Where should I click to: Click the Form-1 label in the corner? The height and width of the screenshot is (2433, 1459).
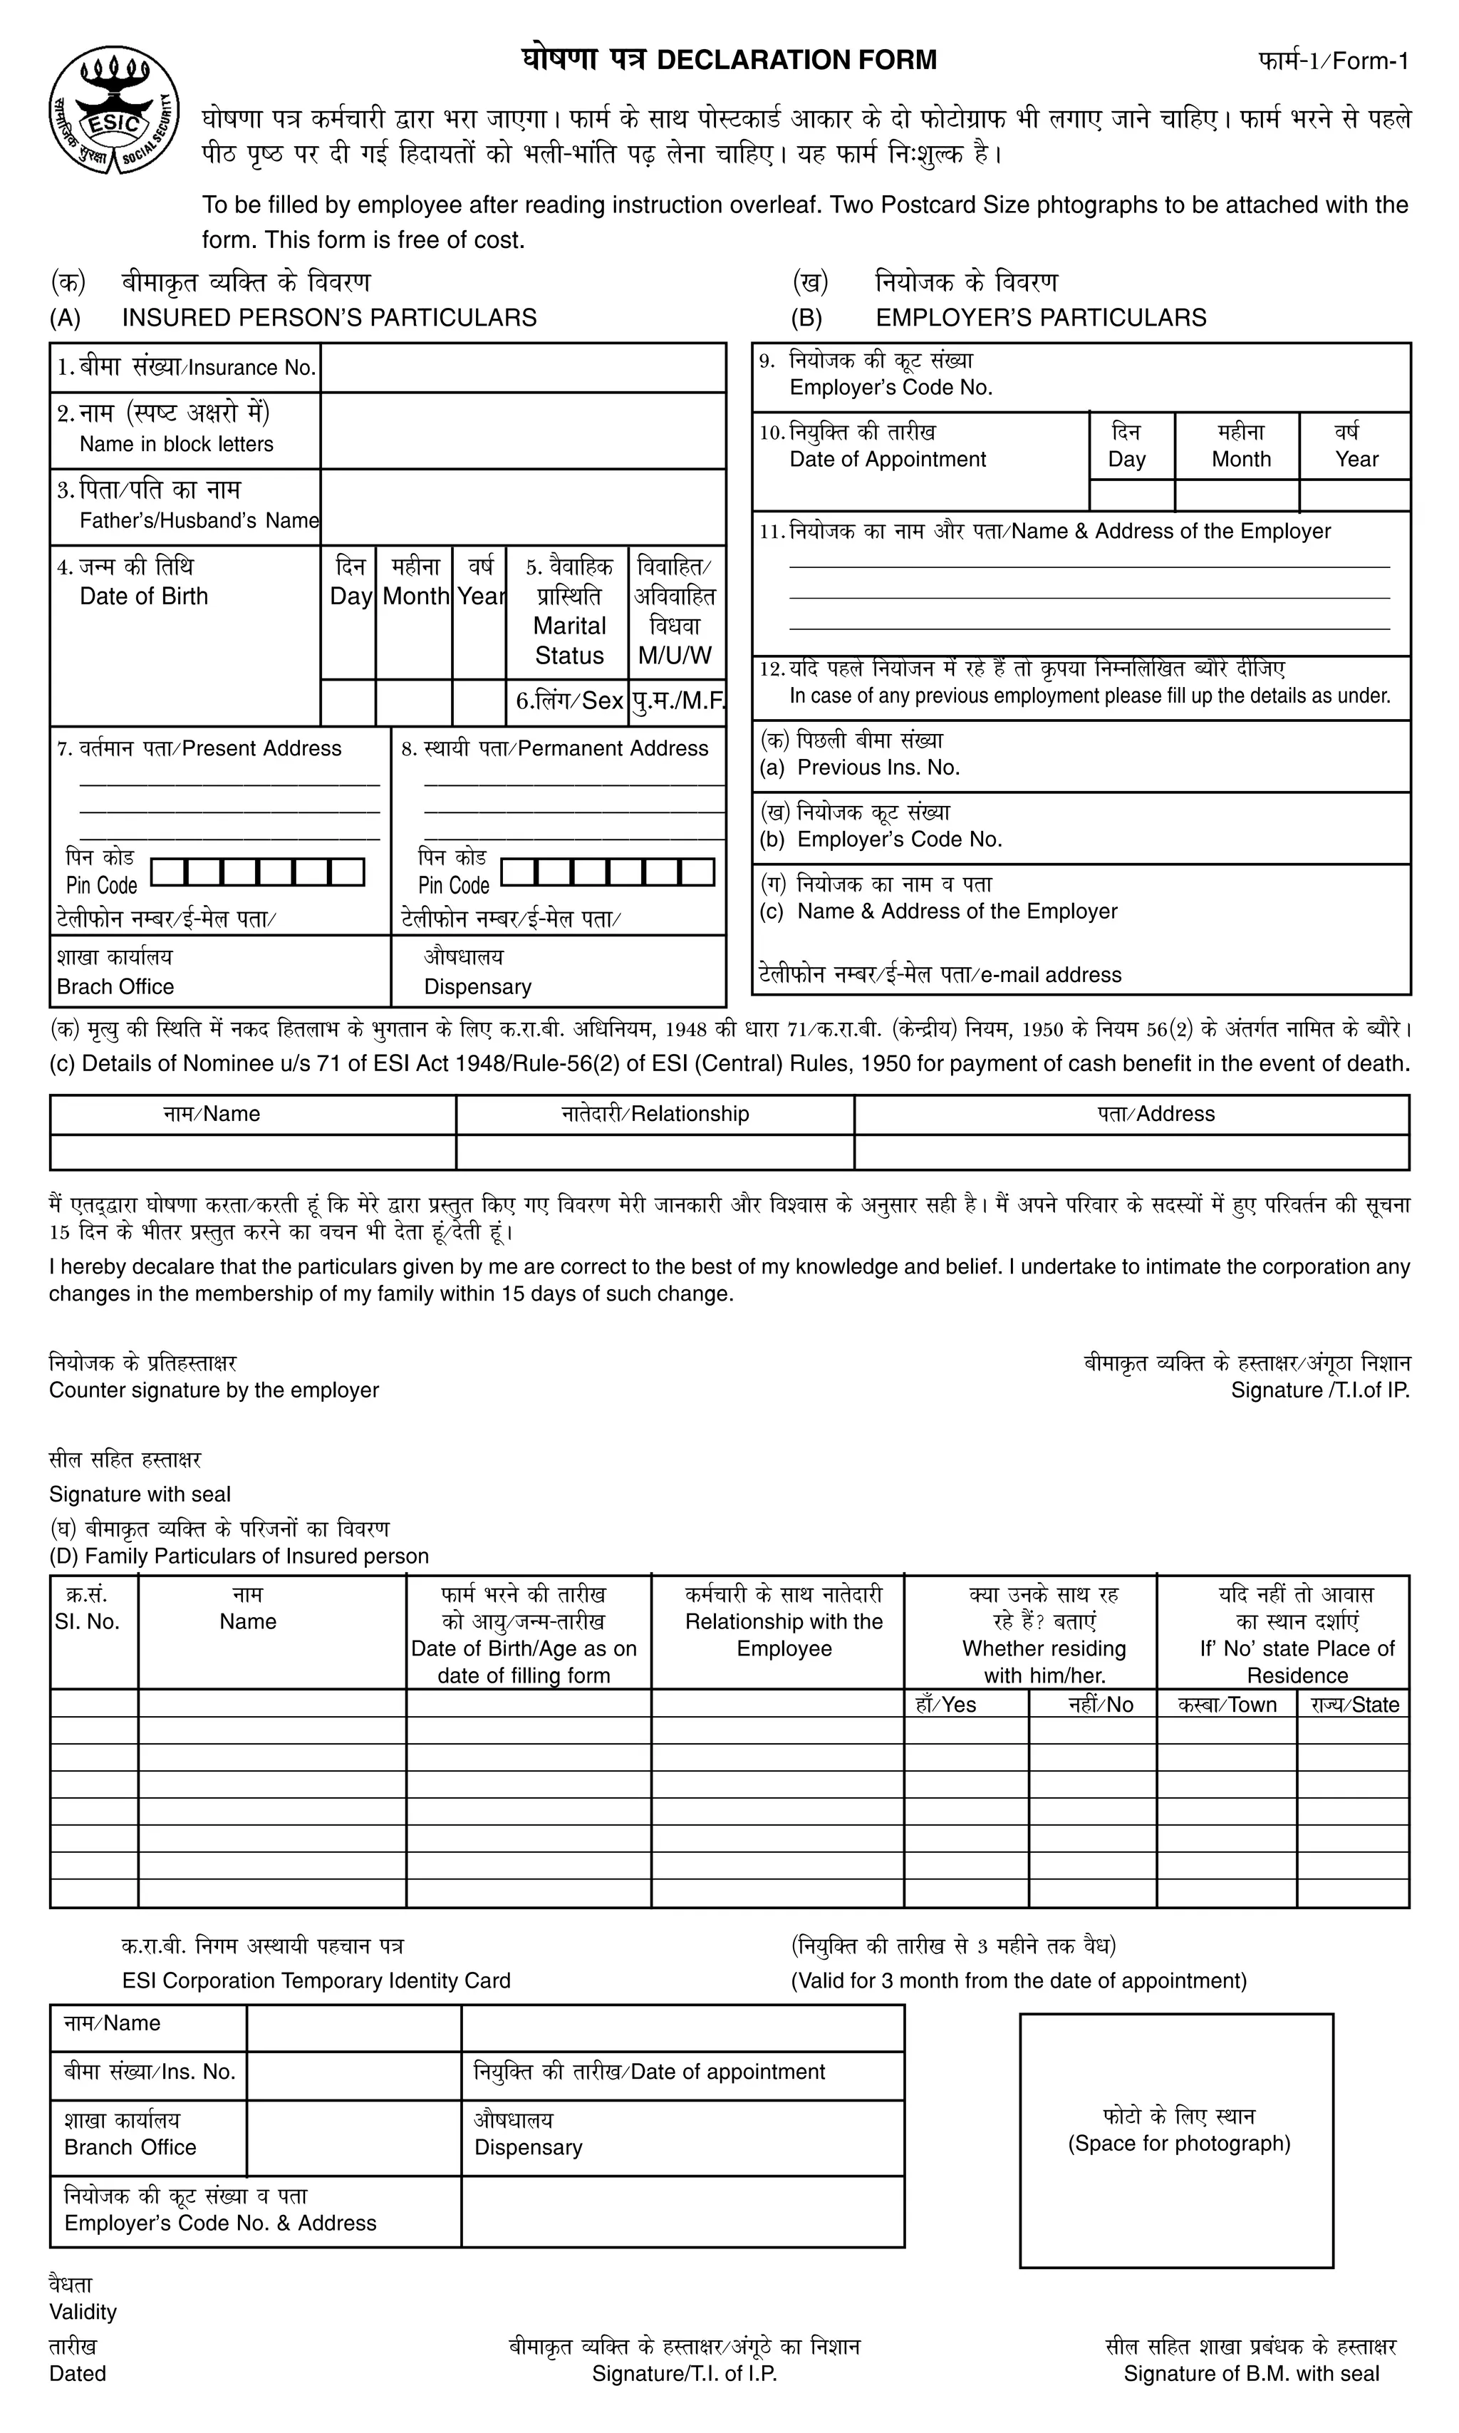tap(1333, 61)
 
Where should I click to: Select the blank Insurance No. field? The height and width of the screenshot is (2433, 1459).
tap(522, 368)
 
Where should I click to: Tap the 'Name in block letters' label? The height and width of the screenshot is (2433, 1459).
tap(176, 443)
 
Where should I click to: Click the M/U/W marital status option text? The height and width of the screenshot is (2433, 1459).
tap(675, 655)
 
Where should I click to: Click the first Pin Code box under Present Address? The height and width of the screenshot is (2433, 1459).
tap(168, 872)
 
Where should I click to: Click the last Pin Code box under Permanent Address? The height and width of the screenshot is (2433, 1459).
tap(697, 872)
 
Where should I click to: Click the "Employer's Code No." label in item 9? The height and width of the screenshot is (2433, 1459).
tap(891, 388)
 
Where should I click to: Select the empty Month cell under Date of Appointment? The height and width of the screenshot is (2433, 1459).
tap(1236, 495)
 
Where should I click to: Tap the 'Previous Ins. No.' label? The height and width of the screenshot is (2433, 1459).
tap(878, 767)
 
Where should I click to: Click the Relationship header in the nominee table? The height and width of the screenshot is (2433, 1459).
tap(655, 1113)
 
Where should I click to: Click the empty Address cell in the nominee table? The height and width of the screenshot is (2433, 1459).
tap(1131, 1152)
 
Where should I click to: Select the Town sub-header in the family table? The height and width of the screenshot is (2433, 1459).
tap(1226, 1704)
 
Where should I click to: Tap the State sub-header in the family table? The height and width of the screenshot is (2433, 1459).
tap(1353, 1704)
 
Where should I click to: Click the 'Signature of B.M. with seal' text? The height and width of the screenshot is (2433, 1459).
tap(1250, 2373)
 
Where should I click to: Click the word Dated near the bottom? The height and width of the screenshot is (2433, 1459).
tap(78, 2373)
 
